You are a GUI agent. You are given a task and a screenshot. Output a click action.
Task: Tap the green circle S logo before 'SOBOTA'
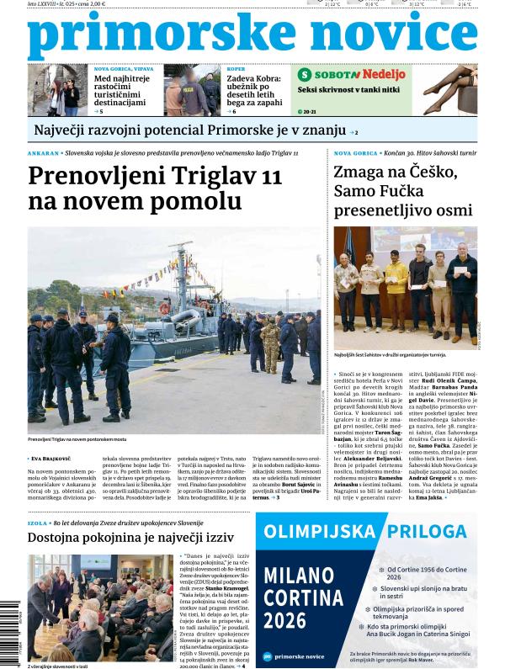[x=305, y=74]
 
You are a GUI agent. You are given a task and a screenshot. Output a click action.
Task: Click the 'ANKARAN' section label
[x=44, y=154]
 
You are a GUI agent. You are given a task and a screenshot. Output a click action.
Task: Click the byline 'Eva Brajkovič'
[x=56, y=459]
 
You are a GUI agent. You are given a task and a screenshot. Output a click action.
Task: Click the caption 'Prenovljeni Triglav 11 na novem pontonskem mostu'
[x=77, y=440]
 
